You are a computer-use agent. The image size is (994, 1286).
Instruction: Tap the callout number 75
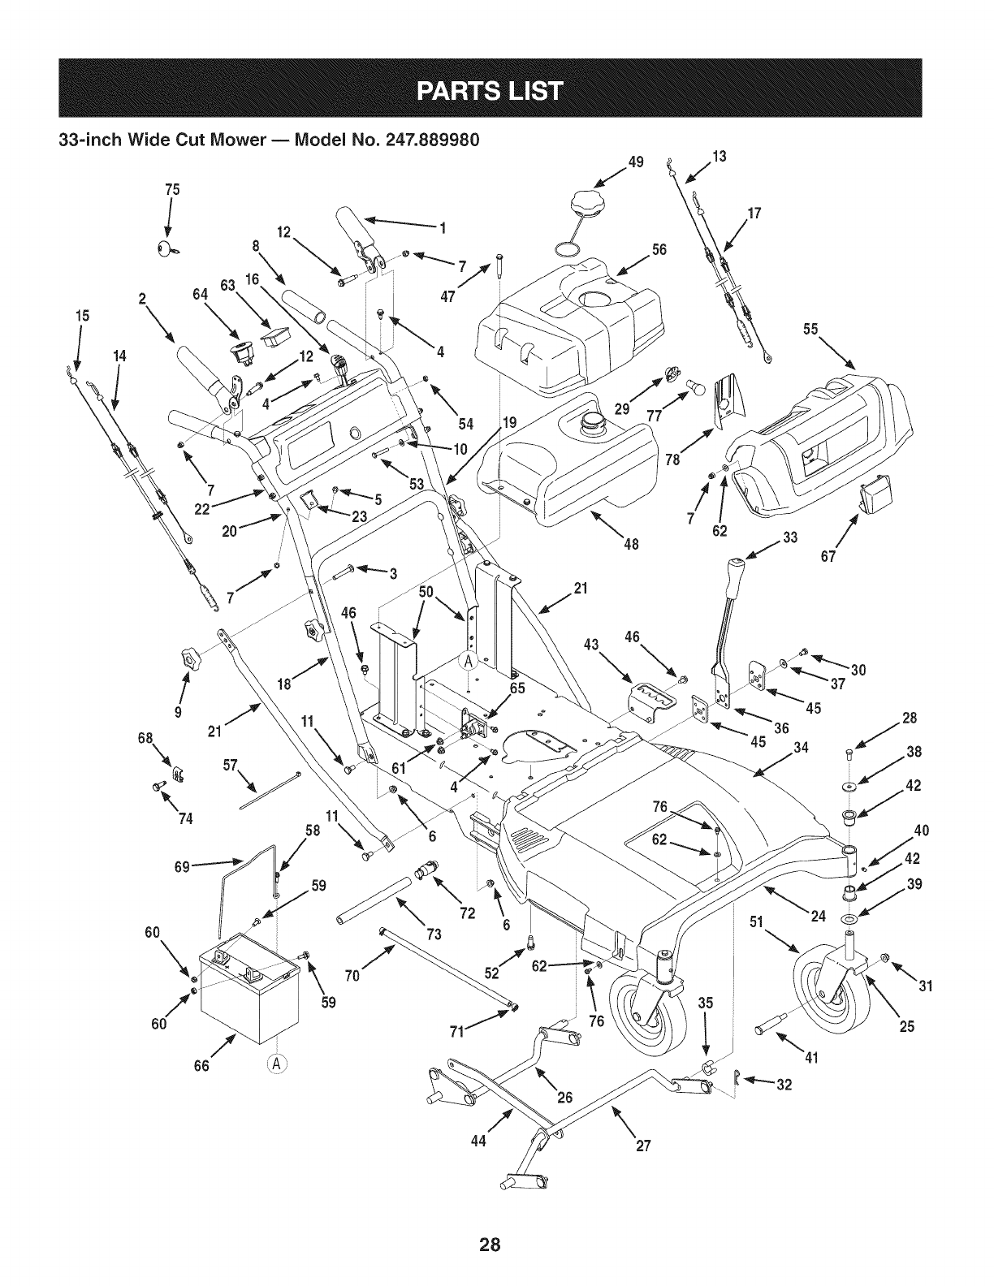172,190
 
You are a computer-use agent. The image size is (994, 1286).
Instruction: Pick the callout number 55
810,329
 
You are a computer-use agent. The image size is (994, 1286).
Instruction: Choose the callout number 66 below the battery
202,1066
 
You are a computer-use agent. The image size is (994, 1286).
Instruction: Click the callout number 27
643,1146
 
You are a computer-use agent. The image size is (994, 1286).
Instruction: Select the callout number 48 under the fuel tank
632,544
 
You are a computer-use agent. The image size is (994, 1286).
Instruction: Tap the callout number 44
478,1141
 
